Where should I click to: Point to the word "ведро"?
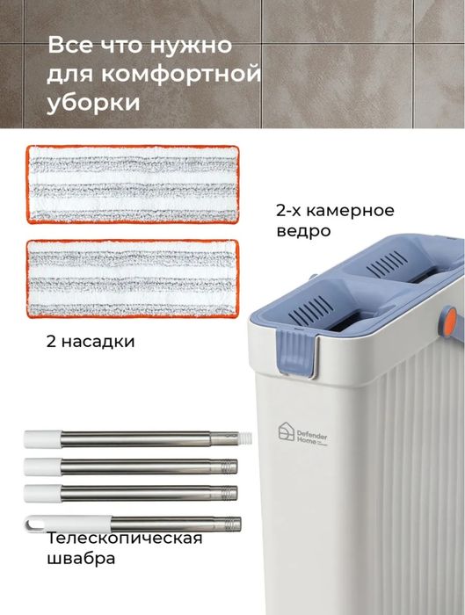click(302, 232)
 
